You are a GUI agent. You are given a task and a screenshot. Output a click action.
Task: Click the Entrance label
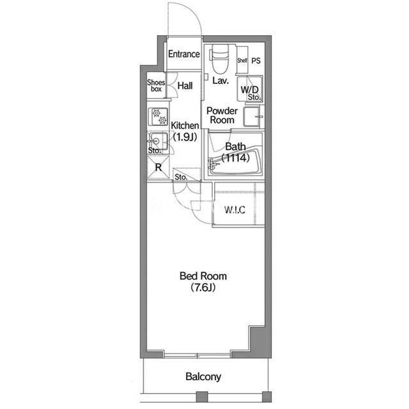pos(184,54)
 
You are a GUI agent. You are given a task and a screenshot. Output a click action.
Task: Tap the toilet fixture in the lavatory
pos(220,59)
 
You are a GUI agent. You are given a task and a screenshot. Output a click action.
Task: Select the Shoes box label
pos(156,86)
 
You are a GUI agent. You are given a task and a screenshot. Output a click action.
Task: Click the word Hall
pos(185,86)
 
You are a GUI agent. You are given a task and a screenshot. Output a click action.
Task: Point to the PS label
pos(256,61)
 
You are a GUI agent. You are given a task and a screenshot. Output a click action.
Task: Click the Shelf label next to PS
pos(242,61)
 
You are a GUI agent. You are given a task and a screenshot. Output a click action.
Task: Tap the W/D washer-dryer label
pos(249,89)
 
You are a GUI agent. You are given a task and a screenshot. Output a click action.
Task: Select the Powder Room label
pos(222,116)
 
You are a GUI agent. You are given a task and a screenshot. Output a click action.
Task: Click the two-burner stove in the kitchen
pos(158,116)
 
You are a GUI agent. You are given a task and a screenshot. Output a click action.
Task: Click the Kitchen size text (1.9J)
pos(185,136)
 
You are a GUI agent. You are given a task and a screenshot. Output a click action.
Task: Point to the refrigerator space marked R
pos(158,167)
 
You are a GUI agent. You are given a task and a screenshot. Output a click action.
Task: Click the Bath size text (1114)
pos(235,158)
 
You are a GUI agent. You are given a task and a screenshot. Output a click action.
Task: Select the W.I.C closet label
pos(235,210)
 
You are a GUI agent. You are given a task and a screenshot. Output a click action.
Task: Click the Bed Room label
pos(203,276)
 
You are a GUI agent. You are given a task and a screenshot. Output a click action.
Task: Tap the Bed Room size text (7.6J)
pos(203,288)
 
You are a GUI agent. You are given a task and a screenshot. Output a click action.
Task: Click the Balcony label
pos(203,376)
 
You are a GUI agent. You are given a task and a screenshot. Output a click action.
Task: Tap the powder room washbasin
pos(252,116)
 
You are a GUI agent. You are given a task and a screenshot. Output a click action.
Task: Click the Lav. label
pos(220,81)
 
